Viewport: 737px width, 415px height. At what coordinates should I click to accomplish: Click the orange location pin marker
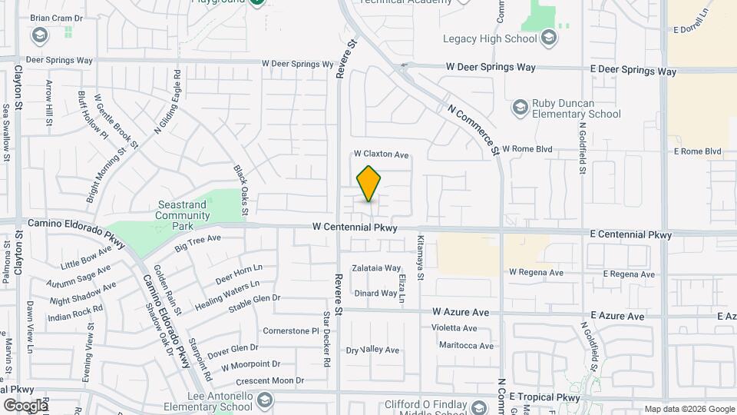[x=368, y=184]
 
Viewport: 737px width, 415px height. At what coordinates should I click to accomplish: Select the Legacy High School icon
[x=548, y=38]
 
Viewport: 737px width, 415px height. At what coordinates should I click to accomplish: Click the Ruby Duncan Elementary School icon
[x=521, y=106]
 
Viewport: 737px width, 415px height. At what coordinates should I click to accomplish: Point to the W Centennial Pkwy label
[x=355, y=227]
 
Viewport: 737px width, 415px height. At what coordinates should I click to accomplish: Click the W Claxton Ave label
[x=381, y=154]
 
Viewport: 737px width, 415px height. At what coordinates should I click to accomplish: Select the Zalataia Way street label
[x=376, y=268]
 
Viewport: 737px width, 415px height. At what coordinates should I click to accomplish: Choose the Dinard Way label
[x=375, y=293]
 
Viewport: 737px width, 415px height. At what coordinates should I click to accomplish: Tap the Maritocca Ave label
[x=466, y=346]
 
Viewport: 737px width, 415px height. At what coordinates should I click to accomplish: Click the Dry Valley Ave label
[x=373, y=350]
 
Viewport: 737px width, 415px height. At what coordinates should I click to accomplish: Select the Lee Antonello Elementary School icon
[x=265, y=400]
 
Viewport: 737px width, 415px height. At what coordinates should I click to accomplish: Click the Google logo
[x=25, y=405]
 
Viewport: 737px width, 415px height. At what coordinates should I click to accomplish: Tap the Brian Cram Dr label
[x=56, y=17]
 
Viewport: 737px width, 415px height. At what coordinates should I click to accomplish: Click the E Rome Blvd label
[x=697, y=151]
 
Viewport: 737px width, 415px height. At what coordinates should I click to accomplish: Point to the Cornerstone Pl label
[x=290, y=331]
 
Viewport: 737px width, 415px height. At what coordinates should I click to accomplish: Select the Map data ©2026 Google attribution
[x=689, y=409]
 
